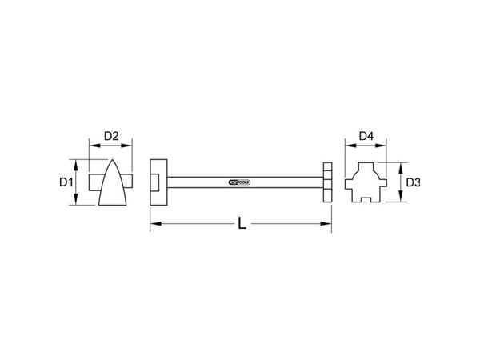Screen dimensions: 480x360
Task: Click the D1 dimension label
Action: [x=66, y=182]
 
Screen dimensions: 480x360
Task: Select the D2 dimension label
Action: [x=111, y=136]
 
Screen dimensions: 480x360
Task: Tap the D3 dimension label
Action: [x=413, y=182]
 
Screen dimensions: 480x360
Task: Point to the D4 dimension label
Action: [x=366, y=136]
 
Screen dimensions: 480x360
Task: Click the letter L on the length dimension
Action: [x=242, y=223]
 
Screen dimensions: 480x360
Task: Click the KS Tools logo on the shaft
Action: [x=239, y=182]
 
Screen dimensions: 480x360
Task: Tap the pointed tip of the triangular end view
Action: [x=113, y=160]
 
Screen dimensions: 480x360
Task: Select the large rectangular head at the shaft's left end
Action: [x=158, y=182]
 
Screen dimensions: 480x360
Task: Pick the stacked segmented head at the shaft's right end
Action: [x=327, y=182]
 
